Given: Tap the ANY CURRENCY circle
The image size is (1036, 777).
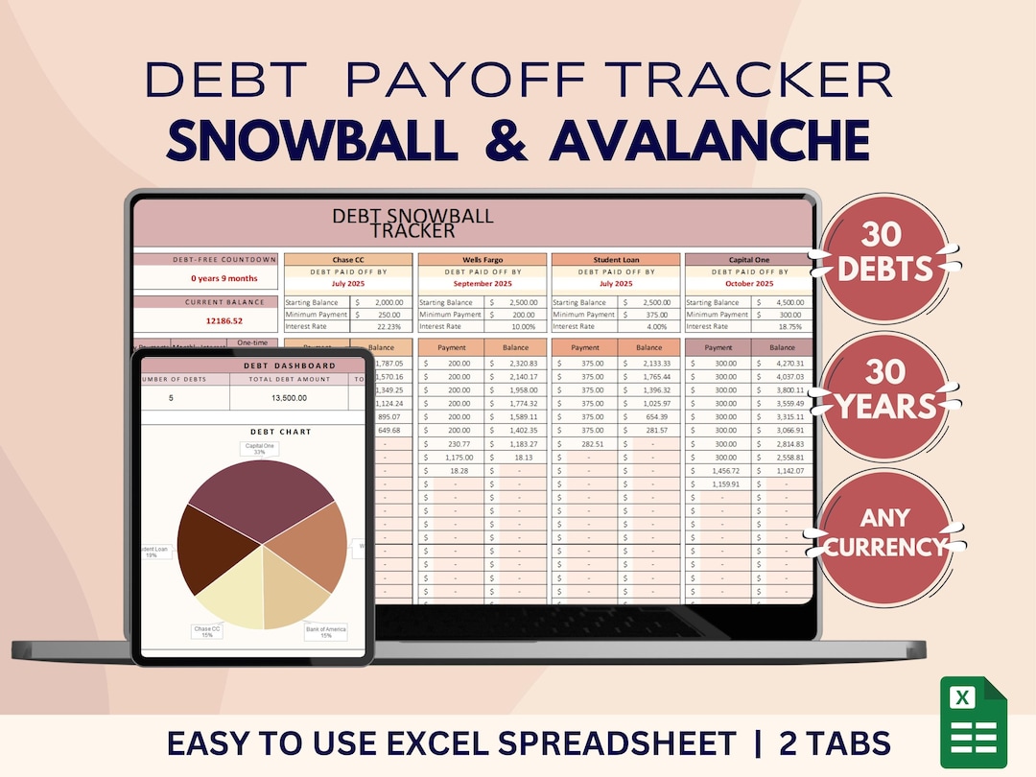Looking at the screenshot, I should [x=885, y=532].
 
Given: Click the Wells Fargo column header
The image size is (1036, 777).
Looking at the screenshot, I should [x=483, y=260].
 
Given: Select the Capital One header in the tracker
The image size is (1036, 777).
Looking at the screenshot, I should [x=748, y=260].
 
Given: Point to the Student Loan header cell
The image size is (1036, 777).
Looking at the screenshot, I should [x=616, y=260].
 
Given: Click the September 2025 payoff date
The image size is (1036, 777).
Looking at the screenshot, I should [x=483, y=284].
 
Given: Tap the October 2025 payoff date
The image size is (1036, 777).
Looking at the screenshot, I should [x=748, y=284].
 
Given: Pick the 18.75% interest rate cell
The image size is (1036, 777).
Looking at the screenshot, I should [x=784, y=326].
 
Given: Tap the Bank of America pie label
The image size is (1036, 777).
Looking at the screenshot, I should [x=326, y=632].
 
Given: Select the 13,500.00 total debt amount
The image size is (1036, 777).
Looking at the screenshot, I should [x=288, y=397].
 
